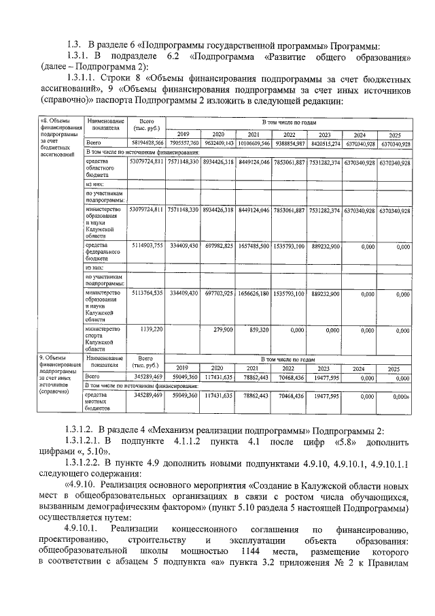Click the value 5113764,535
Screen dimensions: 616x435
147,293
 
